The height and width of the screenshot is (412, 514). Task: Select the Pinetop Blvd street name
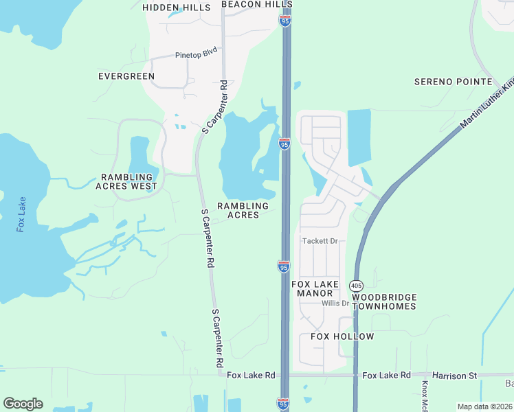click(196, 53)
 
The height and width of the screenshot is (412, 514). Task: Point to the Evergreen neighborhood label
click(126, 76)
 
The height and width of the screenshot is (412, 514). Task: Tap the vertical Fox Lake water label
click(21, 214)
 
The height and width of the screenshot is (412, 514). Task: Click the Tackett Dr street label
click(322, 241)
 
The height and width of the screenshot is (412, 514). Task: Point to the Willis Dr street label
click(335, 303)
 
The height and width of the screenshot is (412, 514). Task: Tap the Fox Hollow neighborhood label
click(342, 336)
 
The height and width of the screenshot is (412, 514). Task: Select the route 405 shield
click(356, 285)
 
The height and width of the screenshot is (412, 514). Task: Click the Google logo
click(23, 404)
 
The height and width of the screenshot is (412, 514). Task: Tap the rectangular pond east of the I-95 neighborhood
click(359, 137)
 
